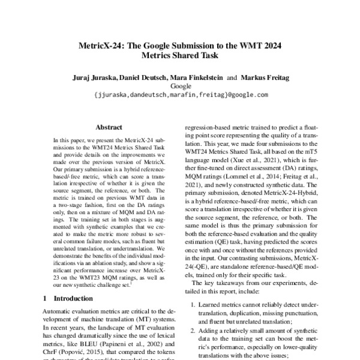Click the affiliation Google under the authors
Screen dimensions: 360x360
181,85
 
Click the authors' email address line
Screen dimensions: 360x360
181,94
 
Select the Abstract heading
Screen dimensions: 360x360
109,127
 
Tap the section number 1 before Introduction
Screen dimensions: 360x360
45,298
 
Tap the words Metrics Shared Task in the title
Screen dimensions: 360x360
181,56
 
